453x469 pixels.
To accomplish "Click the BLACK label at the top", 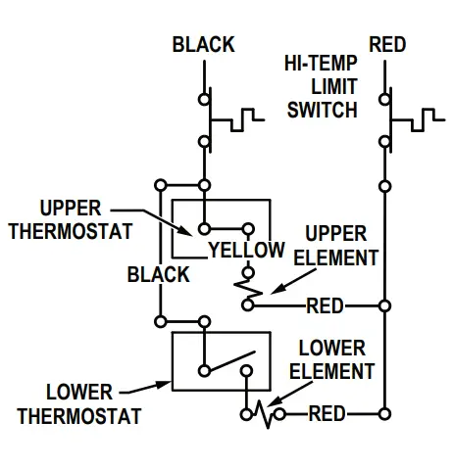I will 203,44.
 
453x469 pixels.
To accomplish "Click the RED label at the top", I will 388,44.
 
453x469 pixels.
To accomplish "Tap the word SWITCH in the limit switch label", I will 323,109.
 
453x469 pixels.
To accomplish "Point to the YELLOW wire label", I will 245,251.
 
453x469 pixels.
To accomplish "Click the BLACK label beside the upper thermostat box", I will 158,275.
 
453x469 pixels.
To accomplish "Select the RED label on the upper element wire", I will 325,305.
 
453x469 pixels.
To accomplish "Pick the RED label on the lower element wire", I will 327,413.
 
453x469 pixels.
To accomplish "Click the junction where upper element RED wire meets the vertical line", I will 384,305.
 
